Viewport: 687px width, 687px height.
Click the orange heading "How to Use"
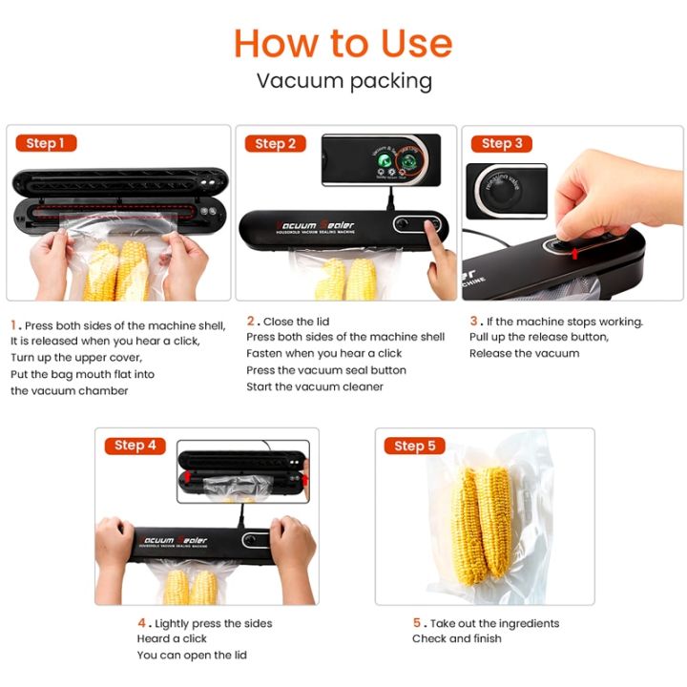343,43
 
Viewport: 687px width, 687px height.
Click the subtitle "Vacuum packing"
343,81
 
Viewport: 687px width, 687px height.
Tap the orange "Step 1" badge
46,143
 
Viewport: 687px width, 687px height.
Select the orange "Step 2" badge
275,144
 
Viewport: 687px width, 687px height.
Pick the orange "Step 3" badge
502,143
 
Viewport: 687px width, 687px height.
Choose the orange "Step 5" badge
414,446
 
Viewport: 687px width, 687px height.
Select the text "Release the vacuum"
524,354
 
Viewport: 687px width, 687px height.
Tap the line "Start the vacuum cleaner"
315,386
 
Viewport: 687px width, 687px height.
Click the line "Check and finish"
457,638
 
